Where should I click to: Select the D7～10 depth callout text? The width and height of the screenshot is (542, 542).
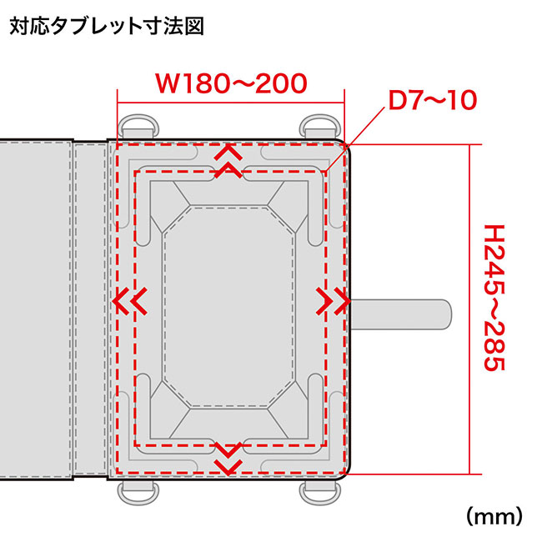point(432,101)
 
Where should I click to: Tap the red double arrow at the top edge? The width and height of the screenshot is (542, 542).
point(227,162)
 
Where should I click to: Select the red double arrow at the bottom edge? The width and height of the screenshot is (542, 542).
point(227,454)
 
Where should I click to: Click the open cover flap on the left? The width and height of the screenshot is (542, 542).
point(38,309)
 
